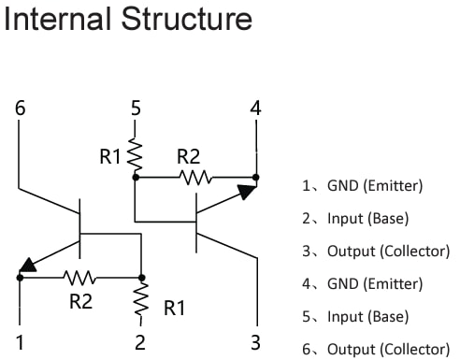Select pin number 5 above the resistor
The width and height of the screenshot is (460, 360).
(136, 108)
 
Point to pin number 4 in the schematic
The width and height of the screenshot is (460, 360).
(255, 108)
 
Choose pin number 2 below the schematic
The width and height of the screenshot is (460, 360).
(140, 341)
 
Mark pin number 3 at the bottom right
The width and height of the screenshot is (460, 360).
(255, 341)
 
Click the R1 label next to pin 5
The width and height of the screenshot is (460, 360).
(111, 157)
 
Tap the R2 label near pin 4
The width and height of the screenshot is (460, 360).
(188, 157)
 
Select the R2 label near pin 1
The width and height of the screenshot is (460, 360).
(80, 301)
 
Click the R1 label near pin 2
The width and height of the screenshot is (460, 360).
(175, 308)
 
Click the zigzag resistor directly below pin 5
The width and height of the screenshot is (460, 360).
(136, 153)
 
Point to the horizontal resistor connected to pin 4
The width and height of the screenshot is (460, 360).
(194, 175)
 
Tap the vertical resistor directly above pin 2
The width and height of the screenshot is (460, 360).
(141, 299)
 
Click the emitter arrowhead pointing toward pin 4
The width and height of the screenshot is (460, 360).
(246, 191)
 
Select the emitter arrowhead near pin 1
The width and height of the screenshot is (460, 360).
(30, 266)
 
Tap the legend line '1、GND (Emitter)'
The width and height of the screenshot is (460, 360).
(362, 185)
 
